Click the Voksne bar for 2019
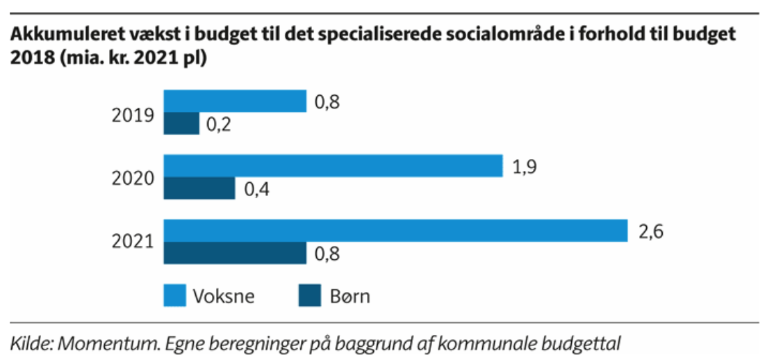pyautogui.click(x=235, y=101)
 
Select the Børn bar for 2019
pyautogui.click(x=181, y=124)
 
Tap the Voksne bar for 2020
pyautogui.click(x=334, y=165)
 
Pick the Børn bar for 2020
pyautogui.click(x=199, y=188)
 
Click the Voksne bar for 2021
pyautogui.click(x=395, y=230)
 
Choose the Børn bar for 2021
pyautogui.click(x=235, y=252)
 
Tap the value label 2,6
pyautogui.click(x=650, y=231)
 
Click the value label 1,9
pyautogui.click(x=525, y=167)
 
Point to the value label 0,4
pyautogui.click(x=257, y=190)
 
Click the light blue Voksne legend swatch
pyautogui.click(x=175, y=295)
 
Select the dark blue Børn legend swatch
pyautogui.click(x=310, y=295)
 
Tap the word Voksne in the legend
pyautogui.click(x=224, y=296)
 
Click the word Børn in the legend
pyautogui.click(x=349, y=296)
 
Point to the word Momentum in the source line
pyautogui.click(x=90, y=342)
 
